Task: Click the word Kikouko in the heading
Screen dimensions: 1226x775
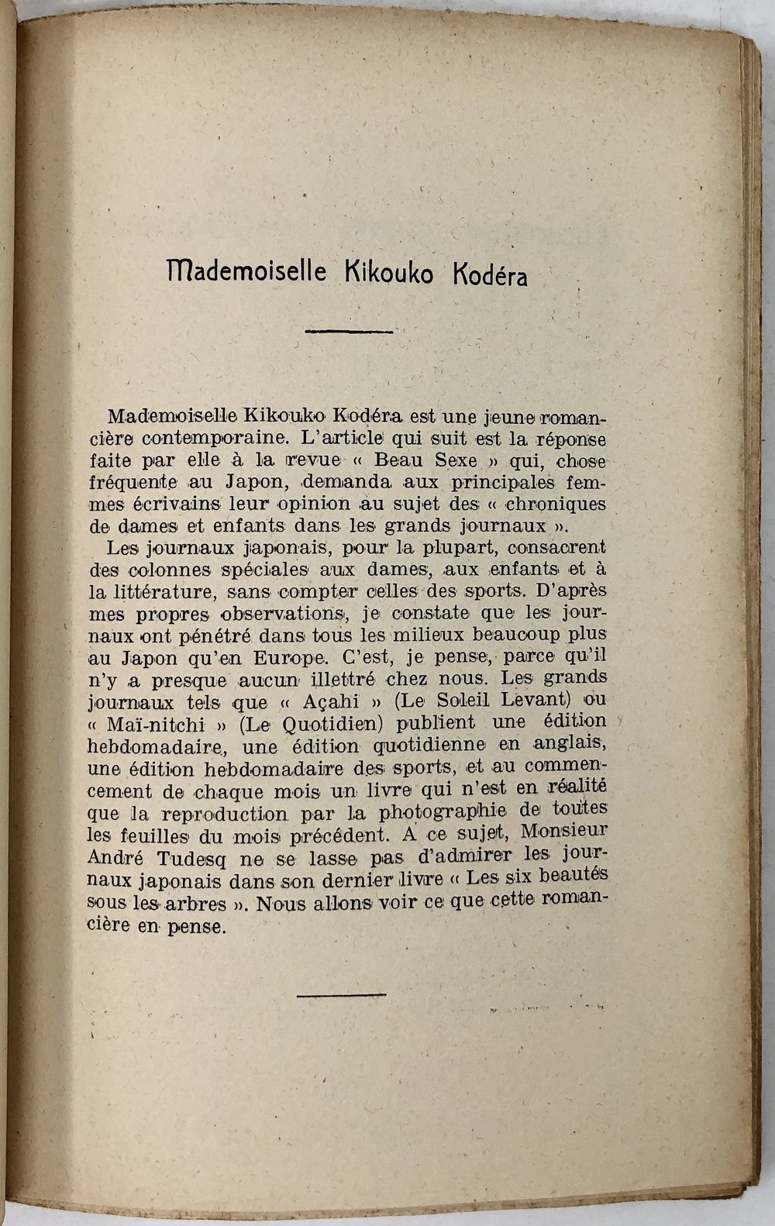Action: (388, 273)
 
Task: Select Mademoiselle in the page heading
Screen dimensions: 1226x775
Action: (246, 270)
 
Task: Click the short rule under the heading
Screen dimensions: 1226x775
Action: (349, 332)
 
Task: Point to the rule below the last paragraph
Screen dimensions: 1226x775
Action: (341, 994)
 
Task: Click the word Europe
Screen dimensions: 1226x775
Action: (288, 659)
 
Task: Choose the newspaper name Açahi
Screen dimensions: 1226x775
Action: (329, 702)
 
